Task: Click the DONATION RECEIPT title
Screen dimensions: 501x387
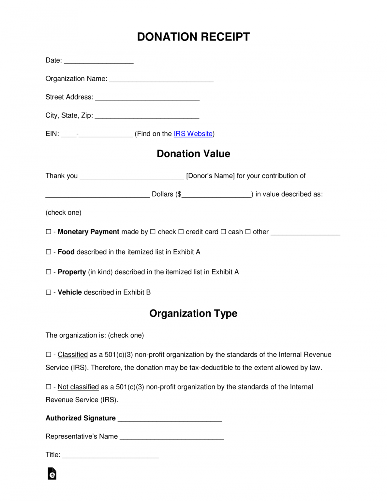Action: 193,37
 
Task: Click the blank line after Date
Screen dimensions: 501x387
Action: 99,61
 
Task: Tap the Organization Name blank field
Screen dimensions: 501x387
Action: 161,79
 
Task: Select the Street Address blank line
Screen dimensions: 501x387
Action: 147,98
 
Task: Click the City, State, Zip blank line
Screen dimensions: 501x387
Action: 147,116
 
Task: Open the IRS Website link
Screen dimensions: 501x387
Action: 193,134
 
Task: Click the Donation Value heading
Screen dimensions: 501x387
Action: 193,154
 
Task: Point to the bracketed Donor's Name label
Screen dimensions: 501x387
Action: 210,176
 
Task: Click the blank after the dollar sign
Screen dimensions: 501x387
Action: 217,195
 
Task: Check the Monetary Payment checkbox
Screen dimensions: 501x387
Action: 49,232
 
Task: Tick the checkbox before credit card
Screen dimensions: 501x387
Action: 181,232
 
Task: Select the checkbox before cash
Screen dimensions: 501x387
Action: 223,232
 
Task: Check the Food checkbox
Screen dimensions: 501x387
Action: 49,252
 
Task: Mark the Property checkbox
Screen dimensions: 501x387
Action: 49,272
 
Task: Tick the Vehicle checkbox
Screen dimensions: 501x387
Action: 49,292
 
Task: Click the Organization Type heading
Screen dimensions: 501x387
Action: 193,313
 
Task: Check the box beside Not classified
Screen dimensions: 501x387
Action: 49,387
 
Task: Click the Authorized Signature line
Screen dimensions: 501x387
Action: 170,419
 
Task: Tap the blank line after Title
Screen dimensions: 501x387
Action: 111,455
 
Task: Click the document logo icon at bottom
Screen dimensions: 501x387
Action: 52,474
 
